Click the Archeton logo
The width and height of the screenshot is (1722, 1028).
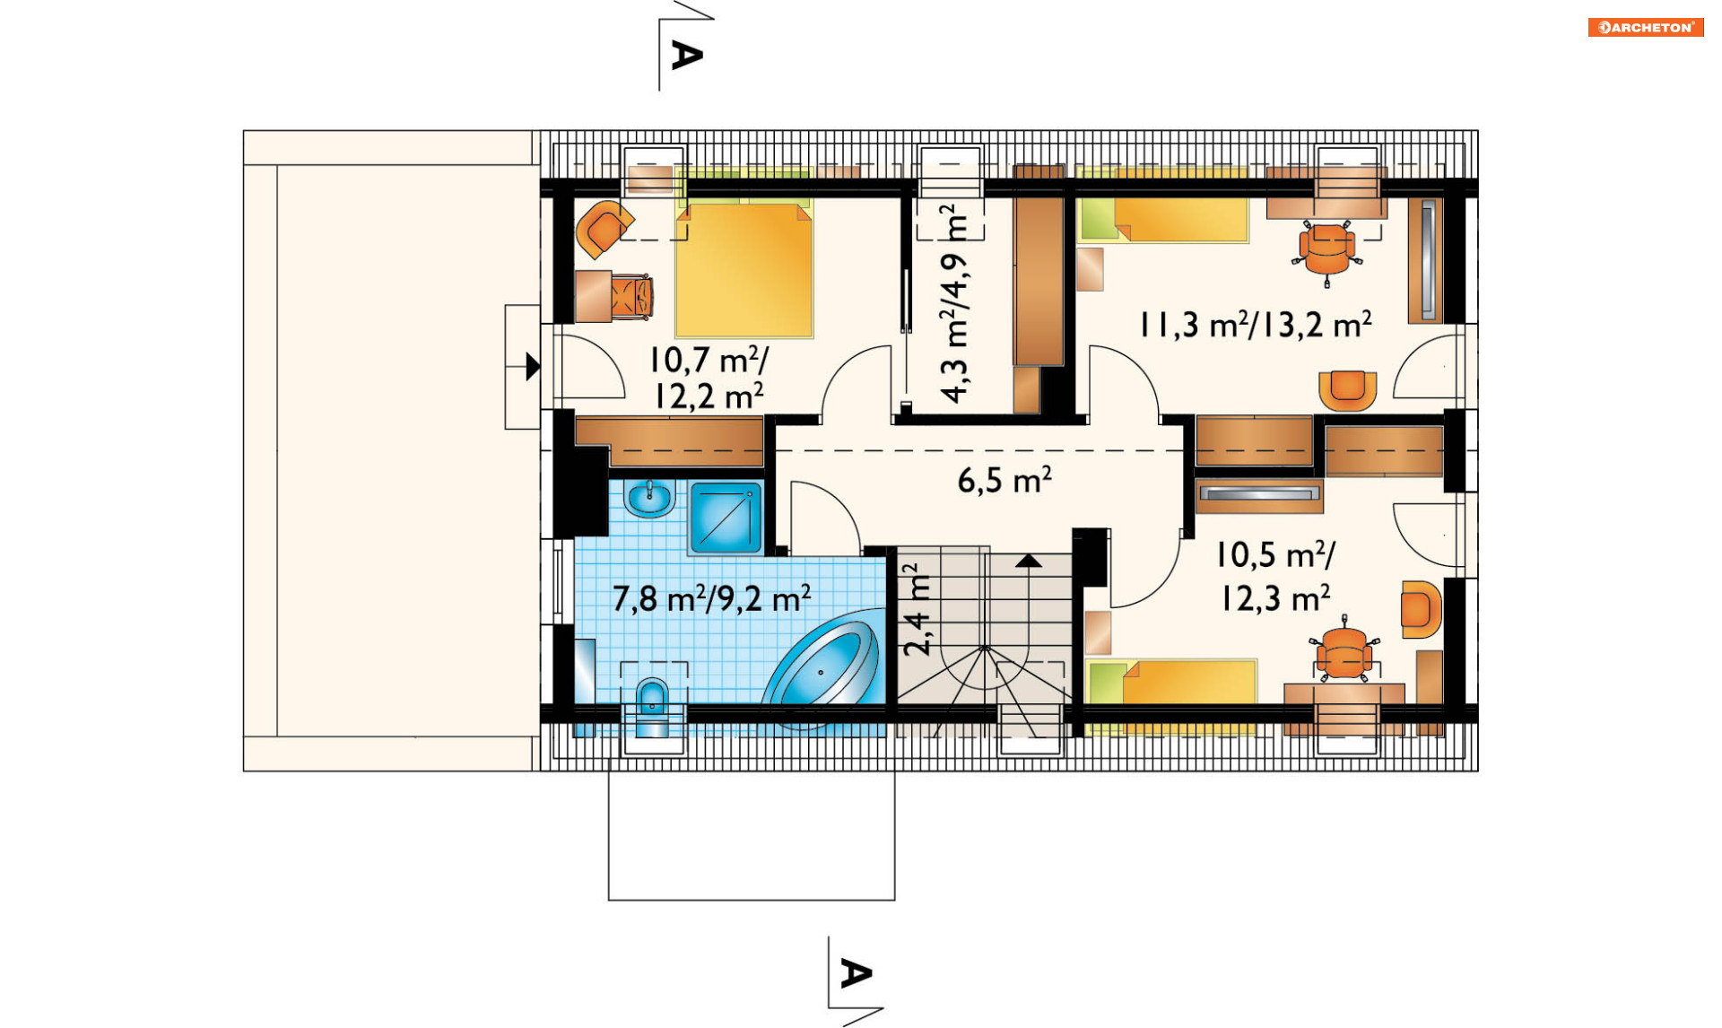(x=1646, y=28)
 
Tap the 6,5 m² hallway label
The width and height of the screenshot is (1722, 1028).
(x=1004, y=481)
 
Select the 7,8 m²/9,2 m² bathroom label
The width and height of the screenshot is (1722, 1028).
(x=711, y=598)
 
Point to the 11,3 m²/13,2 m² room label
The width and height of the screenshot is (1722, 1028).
(x=1256, y=325)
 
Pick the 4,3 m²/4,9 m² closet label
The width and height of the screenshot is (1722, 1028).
(x=954, y=303)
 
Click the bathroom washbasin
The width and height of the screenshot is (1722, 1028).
(x=649, y=497)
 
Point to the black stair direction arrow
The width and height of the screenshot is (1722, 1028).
(x=1029, y=561)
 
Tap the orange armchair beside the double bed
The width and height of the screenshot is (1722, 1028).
(x=604, y=228)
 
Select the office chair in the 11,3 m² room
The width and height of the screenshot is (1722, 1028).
(x=1327, y=250)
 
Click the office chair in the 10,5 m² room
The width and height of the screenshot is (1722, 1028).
(x=1344, y=649)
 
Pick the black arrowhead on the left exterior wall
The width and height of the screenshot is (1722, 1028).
(x=533, y=366)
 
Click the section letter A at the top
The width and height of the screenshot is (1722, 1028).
(x=687, y=56)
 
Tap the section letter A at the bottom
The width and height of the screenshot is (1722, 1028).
(x=856, y=973)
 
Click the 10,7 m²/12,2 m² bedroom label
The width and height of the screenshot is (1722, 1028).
(x=709, y=378)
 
